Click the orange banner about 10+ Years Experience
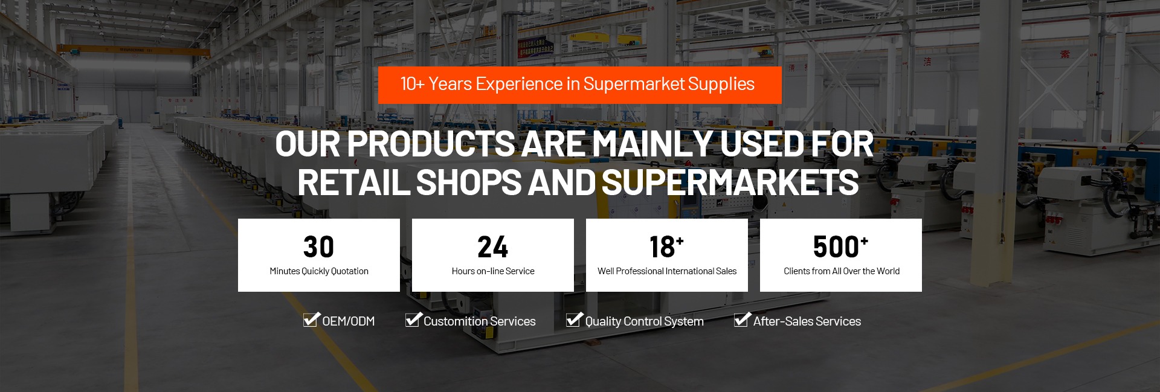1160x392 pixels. [580, 85]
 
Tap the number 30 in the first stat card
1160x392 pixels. [318, 246]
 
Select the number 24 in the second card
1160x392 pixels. [492, 246]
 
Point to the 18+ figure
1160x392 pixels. [666, 246]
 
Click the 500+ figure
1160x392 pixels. [840, 246]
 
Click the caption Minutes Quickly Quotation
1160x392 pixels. [319, 271]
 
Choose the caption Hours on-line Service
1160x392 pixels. [493, 271]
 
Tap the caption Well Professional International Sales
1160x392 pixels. [667, 271]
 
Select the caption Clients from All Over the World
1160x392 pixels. [842, 271]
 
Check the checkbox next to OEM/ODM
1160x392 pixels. [311, 320]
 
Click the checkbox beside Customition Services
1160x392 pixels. [413, 320]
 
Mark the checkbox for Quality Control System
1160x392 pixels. [574, 320]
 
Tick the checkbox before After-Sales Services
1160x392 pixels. [742, 320]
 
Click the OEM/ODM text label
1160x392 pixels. [349, 321]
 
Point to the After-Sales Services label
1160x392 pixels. [807, 321]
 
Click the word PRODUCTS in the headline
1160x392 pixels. [431, 144]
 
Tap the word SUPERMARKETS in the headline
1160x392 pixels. [730, 182]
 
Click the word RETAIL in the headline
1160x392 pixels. [354, 182]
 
